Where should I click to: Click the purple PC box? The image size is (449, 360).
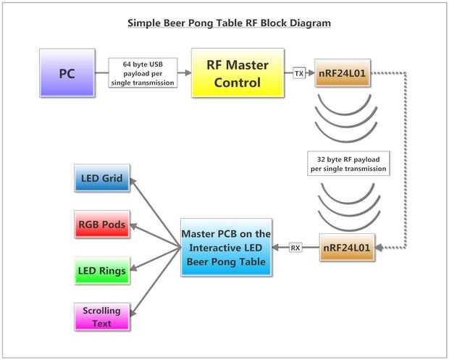click(x=67, y=73)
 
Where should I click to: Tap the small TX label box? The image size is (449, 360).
click(x=299, y=74)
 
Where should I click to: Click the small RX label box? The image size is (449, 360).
click(x=295, y=248)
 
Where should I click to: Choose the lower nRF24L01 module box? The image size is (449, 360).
click(x=346, y=248)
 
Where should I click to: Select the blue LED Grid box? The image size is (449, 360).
click(x=102, y=178)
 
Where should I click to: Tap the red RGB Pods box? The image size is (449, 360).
click(x=102, y=225)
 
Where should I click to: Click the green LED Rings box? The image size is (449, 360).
click(x=102, y=270)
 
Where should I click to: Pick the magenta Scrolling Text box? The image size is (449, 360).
click(x=102, y=317)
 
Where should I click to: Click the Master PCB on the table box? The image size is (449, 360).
click(x=226, y=248)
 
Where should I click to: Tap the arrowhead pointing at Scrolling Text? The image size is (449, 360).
click(x=135, y=312)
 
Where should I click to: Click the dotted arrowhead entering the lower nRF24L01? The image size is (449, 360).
click(x=379, y=248)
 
